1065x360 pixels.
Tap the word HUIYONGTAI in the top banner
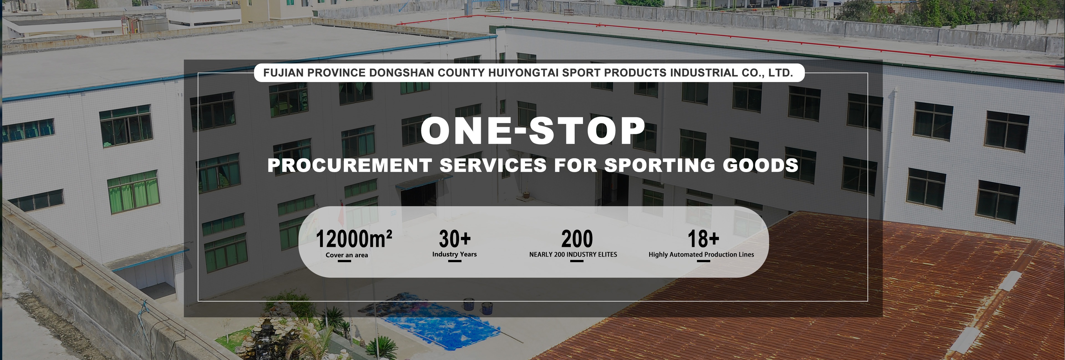tap(523, 73)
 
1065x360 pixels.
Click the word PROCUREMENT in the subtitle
tap(349, 165)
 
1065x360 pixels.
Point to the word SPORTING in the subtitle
tap(659, 165)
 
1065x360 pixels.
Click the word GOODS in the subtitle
tap(760, 165)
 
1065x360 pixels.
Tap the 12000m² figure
tap(354, 239)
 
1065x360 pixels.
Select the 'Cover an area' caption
tap(346, 255)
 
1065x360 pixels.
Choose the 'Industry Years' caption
tap(454, 254)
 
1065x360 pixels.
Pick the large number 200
tap(577, 239)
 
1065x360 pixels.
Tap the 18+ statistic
tap(703, 239)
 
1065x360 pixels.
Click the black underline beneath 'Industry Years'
tap(454, 261)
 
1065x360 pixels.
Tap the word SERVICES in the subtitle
tap(493, 165)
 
